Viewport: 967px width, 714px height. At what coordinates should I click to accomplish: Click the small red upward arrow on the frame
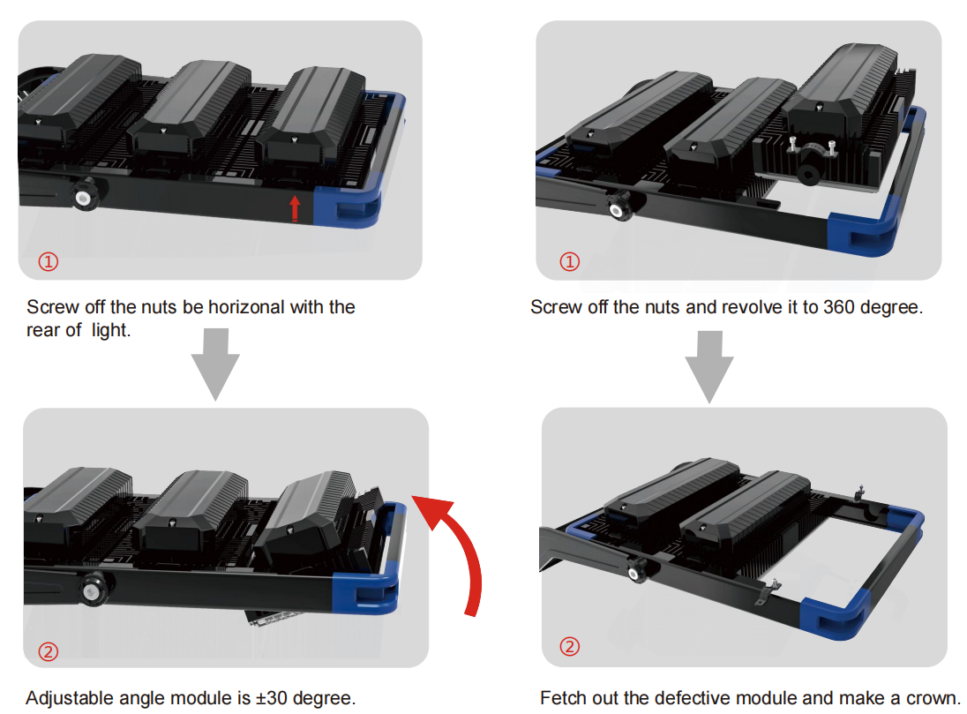tap(295, 208)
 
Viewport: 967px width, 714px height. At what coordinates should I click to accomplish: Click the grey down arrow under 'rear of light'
tap(215, 365)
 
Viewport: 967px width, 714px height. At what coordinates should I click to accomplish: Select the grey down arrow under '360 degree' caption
tap(709, 366)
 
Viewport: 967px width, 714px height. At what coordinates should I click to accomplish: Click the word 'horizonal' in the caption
tap(247, 307)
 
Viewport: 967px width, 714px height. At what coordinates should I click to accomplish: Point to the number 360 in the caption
tap(839, 307)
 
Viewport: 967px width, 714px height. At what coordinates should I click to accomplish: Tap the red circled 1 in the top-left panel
tap(49, 261)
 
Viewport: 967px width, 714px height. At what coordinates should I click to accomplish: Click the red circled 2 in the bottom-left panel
tap(49, 651)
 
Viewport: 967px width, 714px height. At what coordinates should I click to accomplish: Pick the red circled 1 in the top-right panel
tap(569, 261)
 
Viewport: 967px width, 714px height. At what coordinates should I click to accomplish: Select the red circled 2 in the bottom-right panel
tap(569, 647)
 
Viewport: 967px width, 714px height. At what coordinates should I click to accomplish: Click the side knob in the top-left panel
tap(85, 195)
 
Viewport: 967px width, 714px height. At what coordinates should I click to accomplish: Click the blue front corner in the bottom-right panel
tap(833, 617)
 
